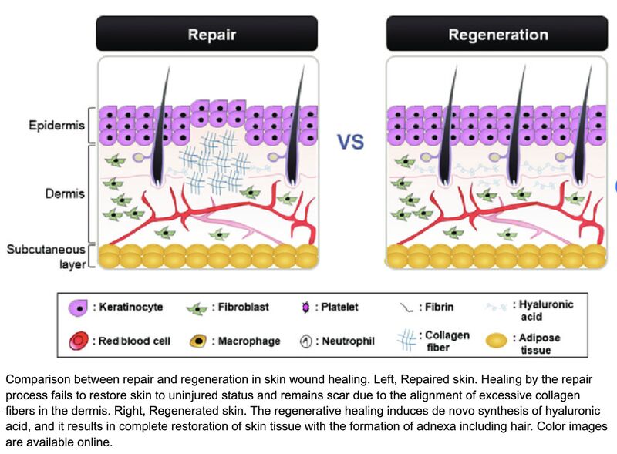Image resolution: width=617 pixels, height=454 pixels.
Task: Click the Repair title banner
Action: tap(206, 35)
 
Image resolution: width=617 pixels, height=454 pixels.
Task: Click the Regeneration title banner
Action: tap(497, 35)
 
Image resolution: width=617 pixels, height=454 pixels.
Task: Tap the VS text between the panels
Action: tap(350, 141)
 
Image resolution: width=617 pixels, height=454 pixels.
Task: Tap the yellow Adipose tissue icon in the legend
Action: tap(495, 341)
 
